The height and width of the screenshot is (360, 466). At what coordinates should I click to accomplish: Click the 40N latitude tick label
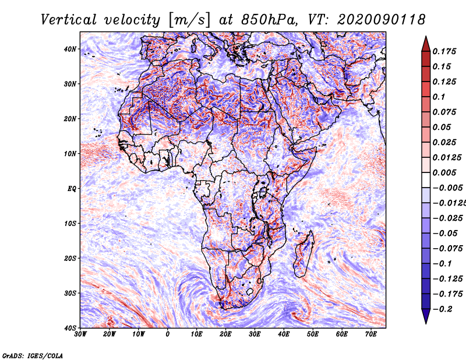click(x=70, y=49)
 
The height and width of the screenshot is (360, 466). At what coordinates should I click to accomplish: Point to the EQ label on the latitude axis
click(x=72, y=189)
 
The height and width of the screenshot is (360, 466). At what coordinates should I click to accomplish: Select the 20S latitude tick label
click(x=70, y=258)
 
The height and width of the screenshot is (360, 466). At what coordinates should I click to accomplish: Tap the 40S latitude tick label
click(x=70, y=328)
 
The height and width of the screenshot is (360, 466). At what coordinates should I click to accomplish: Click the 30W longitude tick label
click(x=80, y=334)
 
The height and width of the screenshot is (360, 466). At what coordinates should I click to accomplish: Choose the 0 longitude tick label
click(x=168, y=334)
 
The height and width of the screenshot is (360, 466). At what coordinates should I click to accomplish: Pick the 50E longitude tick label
click(x=313, y=334)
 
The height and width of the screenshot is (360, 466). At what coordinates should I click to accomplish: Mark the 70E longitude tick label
click(x=371, y=334)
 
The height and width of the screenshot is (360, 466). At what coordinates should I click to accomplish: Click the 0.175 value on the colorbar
click(x=444, y=52)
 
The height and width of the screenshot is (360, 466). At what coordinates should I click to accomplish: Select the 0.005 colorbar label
click(x=444, y=172)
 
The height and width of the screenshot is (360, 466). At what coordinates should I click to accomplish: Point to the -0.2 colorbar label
click(x=442, y=309)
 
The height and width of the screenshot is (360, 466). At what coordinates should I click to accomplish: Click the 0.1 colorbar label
click(x=439, y=97)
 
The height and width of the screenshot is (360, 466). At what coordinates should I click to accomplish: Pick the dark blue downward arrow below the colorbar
click(x=426, y=316)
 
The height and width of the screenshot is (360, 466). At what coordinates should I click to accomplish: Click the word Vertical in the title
click(x=69, y=20)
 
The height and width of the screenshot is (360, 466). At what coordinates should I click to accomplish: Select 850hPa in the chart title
click(x=269, y=20)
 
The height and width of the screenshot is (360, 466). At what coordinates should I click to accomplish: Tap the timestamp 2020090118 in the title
click(x=382, y=20)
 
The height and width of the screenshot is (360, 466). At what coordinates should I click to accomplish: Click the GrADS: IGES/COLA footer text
click(x=33, y=356)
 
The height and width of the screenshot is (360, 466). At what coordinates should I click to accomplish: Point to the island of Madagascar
click(x=303, y=254)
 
